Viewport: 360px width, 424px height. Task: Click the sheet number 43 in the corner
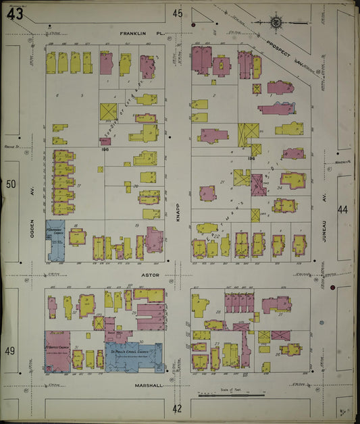coord(15,14)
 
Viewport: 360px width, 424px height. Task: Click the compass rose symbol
coord(277,23)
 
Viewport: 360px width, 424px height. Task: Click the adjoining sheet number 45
coord(178,14)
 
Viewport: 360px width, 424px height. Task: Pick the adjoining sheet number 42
coord(178,408)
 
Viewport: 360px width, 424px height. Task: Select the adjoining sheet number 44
coord(343,210)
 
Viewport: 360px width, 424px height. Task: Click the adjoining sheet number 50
coord(11,184)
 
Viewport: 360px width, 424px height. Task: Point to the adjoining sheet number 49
coord(11,350)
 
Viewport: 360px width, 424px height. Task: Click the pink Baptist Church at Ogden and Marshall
coord(57,351)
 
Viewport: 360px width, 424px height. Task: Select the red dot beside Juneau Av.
coord(332,288)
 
